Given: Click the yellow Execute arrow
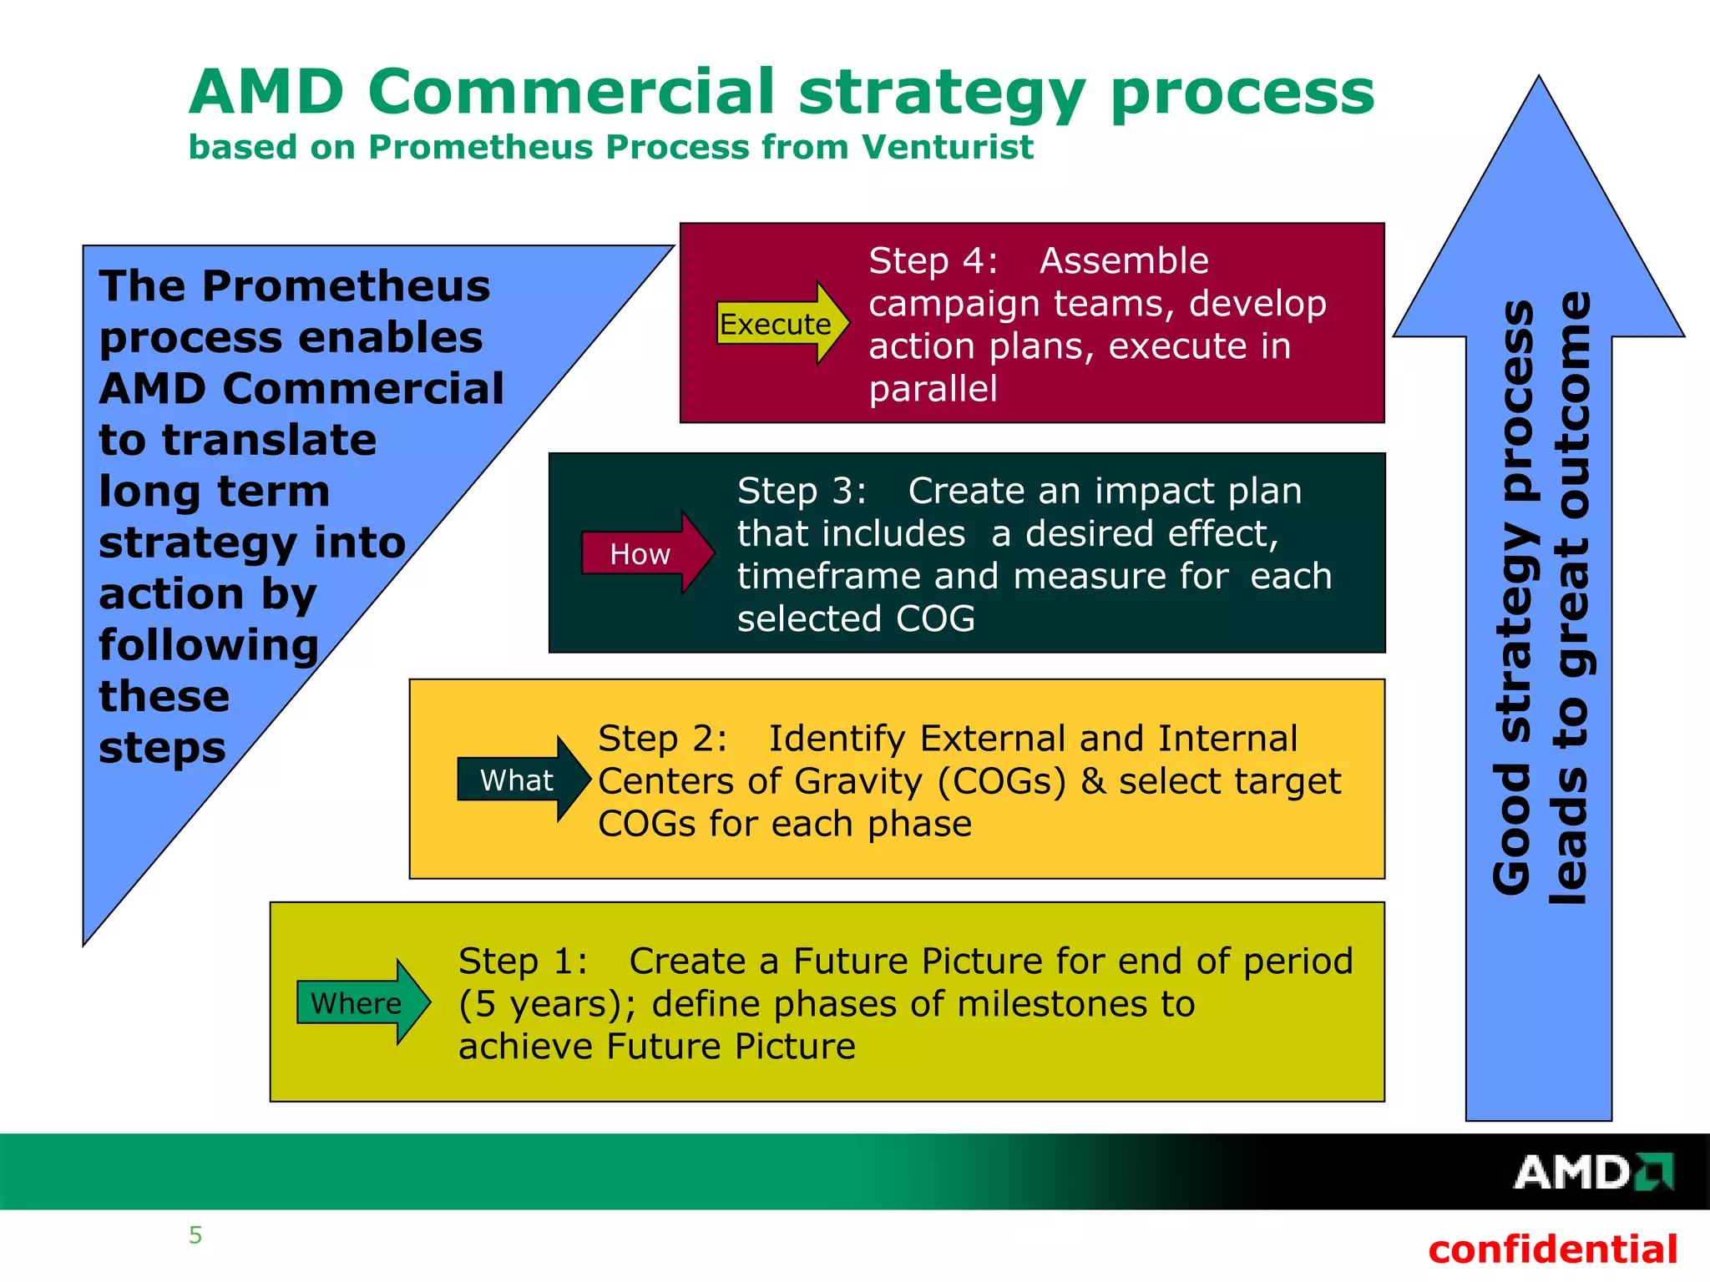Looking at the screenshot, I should point(781,324).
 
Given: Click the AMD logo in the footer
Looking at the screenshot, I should point(1591,1172).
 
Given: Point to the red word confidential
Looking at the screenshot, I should point(1552,1249).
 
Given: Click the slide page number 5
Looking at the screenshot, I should point(195,1235).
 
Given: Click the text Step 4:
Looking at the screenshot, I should point(933,261).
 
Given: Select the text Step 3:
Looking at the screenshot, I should point(802,491).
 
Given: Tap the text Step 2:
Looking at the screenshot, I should point(662,739).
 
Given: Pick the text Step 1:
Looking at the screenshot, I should point(523,961).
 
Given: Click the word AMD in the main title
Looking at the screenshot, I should point(266,92).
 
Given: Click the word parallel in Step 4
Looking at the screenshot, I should point(933,389).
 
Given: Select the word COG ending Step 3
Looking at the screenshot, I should point(935,619).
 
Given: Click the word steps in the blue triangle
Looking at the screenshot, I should point(162,748).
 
